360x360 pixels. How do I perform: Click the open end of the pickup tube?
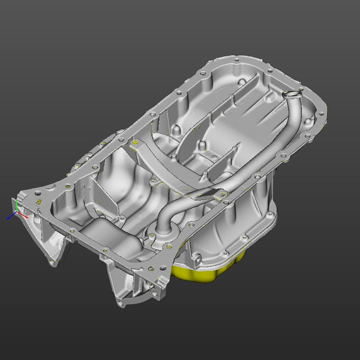click(x=290, y=94)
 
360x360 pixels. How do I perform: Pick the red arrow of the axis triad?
click(x=24, y=216)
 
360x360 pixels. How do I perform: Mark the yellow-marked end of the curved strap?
click(x=134, y=143)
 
